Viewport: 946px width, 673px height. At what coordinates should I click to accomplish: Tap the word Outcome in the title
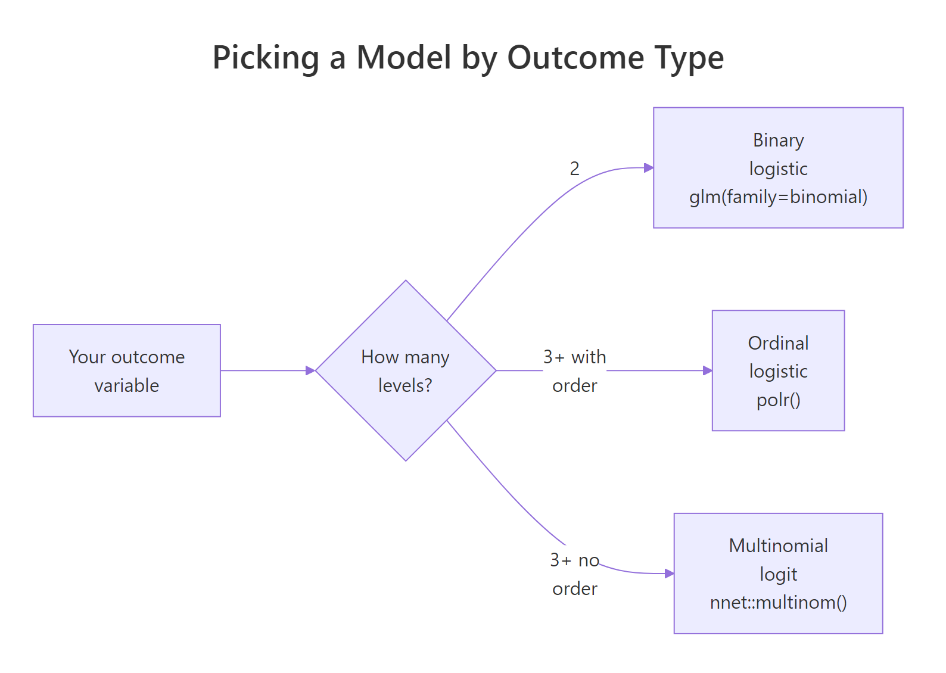coord(575,58)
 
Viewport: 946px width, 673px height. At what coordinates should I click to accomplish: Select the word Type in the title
coord(689,58)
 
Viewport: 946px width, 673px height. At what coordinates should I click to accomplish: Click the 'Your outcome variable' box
coord(127,370)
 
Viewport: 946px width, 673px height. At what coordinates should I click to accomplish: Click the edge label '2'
coord(574,169)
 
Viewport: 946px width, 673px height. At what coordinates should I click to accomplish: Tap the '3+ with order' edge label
coord(574,371)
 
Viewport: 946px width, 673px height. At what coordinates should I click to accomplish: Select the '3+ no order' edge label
coord(574,574)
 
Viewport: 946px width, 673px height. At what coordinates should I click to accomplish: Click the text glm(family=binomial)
coord(778,197)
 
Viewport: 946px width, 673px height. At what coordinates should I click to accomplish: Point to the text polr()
coord(778,400)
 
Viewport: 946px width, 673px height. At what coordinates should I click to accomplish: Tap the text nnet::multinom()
coord(778,603)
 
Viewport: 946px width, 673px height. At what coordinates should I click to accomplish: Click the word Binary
coord(778,140)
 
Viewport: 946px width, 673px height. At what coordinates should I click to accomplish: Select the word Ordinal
coord(778,343)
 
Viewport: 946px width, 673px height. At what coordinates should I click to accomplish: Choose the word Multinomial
coord(778,546)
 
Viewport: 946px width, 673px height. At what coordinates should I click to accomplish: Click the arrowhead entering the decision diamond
coord(310,370)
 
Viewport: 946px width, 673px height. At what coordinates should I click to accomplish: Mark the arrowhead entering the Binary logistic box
coord(649,168)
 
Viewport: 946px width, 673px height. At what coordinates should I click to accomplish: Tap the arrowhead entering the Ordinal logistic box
coord(708,370)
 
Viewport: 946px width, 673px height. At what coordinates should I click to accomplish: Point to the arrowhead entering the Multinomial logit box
coord(670,574)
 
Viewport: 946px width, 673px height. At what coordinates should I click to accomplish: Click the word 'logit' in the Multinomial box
coord(778,574)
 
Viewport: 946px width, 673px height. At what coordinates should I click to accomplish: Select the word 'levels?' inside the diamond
coord(405,385)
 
